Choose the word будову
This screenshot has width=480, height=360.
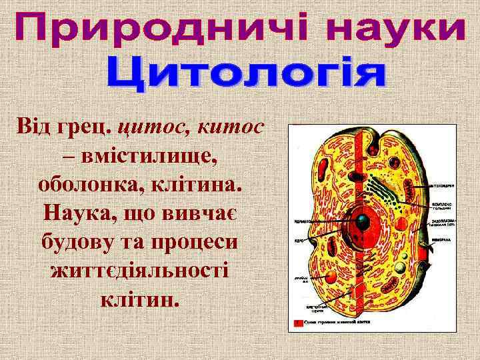pyautogui.click(x=80, y=243)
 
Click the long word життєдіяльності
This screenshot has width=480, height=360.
pyautogui.click(x=139, y=271)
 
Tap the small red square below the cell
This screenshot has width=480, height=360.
pyautogui.click(x=297, y=322)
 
